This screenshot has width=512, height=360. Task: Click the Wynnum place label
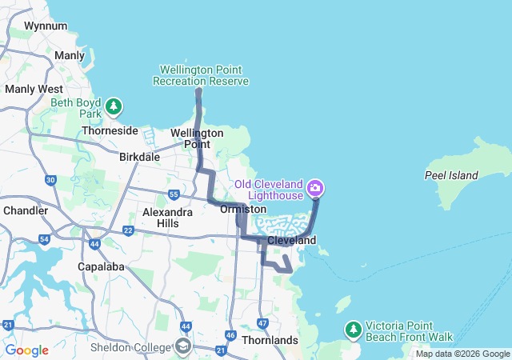40,26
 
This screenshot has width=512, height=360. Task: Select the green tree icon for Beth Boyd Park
114,106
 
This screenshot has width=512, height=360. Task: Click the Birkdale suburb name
139,158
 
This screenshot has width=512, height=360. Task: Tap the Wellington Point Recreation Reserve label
201,75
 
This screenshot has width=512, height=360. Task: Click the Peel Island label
451,175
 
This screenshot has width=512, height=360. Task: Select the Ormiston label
242,209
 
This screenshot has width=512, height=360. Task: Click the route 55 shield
174,194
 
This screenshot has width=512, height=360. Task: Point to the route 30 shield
50,181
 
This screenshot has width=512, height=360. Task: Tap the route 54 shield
44,239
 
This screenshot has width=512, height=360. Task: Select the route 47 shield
262,322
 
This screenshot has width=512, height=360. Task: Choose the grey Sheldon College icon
183,346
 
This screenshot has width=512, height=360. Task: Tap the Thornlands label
270,340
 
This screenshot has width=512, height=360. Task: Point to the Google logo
27,350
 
